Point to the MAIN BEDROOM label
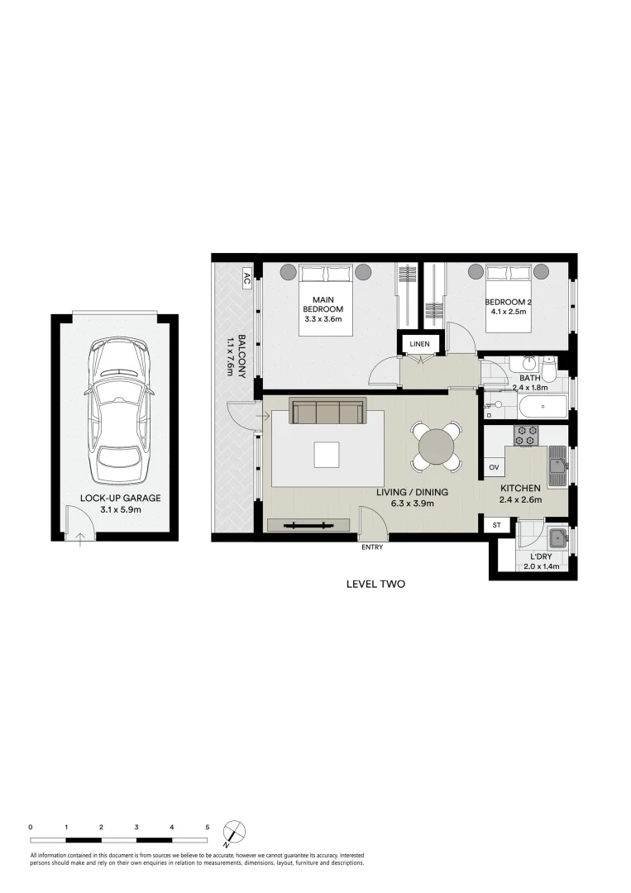[322, 308]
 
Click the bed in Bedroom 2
[509, 297]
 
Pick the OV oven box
[495, 468]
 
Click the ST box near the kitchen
[497, 525]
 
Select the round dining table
[437, 447]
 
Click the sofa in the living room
[327, 411]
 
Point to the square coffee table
[326, 455]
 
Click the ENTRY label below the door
[372, 547]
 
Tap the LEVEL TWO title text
[375, 584]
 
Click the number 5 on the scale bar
[207, 827]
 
